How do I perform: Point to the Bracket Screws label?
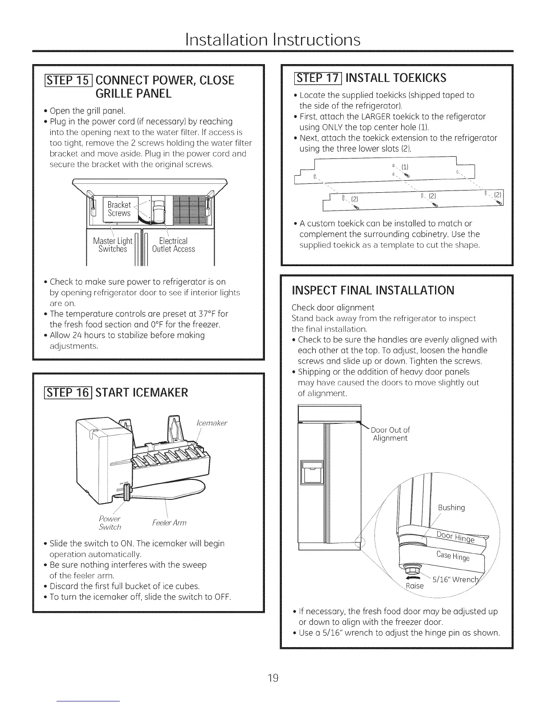(119, 209)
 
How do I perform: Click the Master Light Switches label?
(113, 245)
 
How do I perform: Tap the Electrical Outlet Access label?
(173, 245)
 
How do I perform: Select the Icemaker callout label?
(211, 423)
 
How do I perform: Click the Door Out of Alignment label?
(390, 434)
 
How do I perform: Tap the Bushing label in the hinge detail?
(451, 508)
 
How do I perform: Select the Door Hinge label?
(455, 538)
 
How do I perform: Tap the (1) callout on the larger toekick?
(405, 167)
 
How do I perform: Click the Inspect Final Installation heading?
(373, 291)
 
